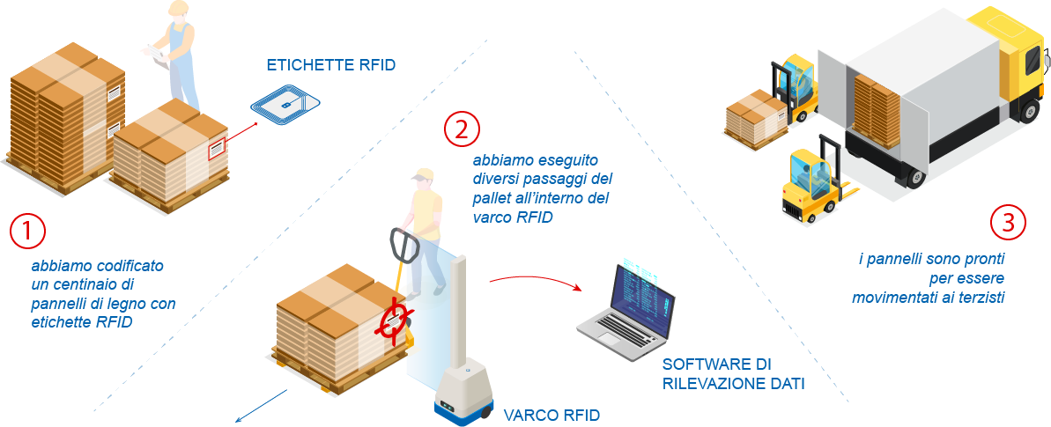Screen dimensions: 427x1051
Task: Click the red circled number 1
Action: coord(26,231)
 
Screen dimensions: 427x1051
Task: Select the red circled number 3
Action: coord(1007,222)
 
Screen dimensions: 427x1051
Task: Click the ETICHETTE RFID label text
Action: coord(331,66)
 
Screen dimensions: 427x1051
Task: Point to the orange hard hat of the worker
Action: coord(179,8)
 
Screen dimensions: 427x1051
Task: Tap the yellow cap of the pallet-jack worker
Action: coord(423,174)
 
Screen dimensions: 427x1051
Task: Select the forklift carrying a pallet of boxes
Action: coord(775,97)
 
